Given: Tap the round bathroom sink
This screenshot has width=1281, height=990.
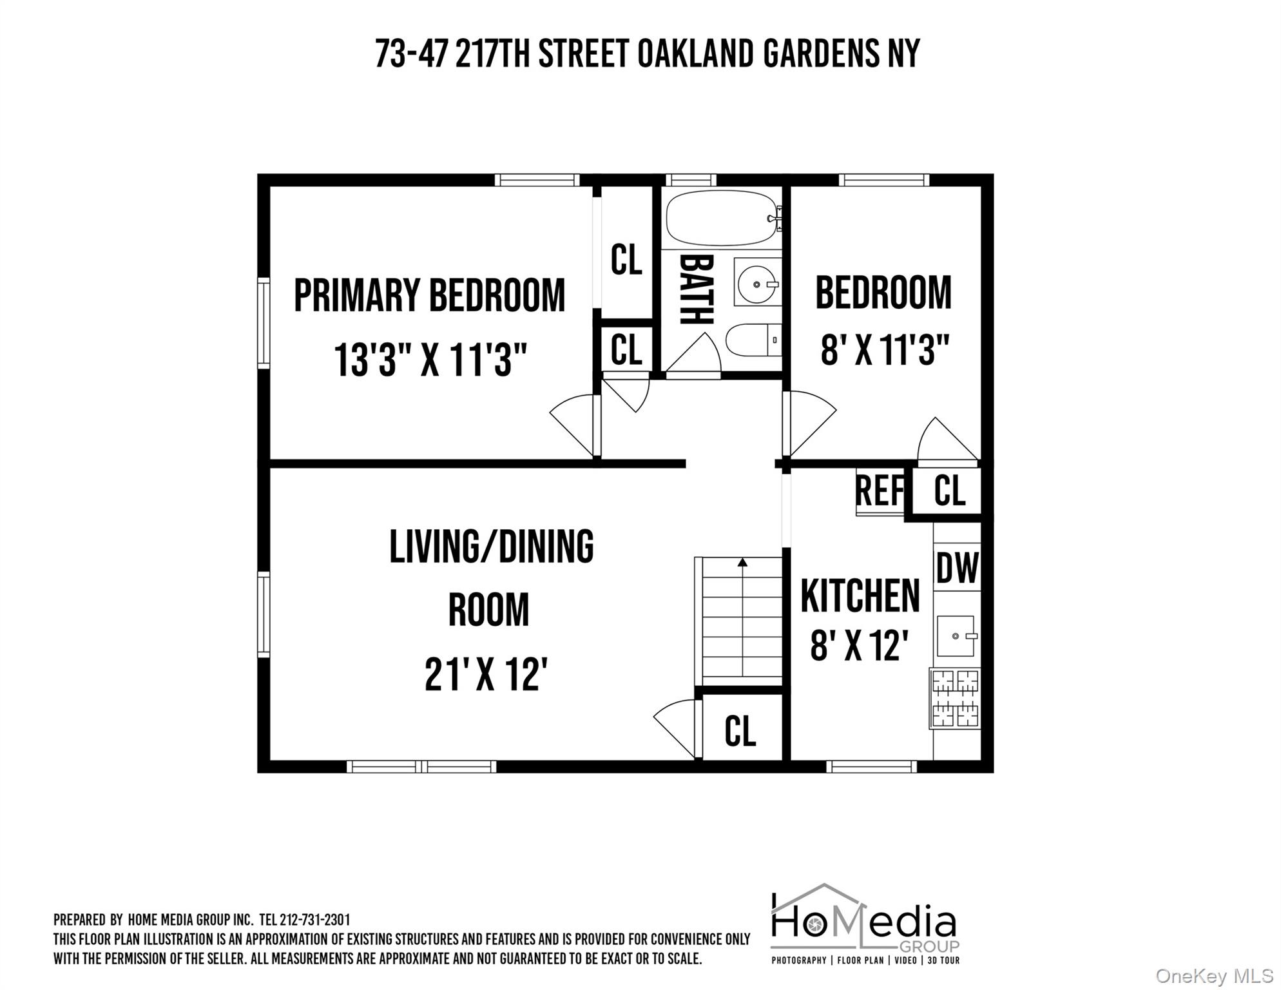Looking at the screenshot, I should [756, 284].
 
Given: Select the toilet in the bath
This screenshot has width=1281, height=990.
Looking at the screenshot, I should [751, 340].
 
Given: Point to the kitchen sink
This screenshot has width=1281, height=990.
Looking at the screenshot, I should [956, 636].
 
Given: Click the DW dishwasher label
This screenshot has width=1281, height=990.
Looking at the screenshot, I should [957, 568].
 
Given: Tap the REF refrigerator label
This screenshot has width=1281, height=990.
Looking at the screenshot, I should [880, 491].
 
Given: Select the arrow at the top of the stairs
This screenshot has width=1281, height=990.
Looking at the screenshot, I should [742, 563].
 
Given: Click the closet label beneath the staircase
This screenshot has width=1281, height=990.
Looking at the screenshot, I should [740, 731].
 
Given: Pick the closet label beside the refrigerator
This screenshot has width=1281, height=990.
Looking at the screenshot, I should [949, 491].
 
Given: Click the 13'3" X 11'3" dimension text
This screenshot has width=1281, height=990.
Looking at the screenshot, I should [430, 360].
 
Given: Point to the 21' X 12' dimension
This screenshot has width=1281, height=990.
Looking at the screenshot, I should [486, 674].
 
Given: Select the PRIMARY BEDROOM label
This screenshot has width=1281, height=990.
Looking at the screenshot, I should [429, 296].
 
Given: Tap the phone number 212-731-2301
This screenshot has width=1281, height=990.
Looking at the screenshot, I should [314, 920].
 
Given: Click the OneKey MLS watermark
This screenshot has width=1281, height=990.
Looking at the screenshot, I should [1214, 976].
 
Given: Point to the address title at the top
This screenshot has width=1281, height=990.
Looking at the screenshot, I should [647, 53].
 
